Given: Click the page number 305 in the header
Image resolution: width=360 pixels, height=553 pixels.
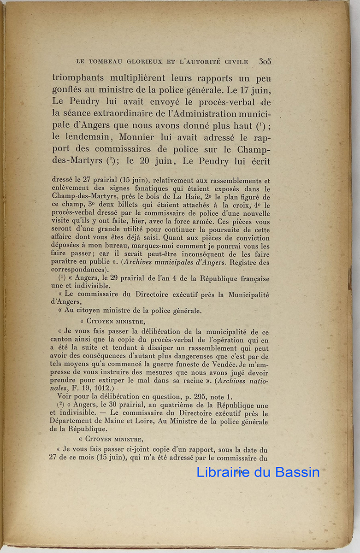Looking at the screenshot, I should point(265,61).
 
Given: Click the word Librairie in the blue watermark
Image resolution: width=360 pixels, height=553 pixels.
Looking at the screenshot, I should point(223,472).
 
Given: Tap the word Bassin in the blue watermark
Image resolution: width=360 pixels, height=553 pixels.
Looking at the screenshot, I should point(297,472).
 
